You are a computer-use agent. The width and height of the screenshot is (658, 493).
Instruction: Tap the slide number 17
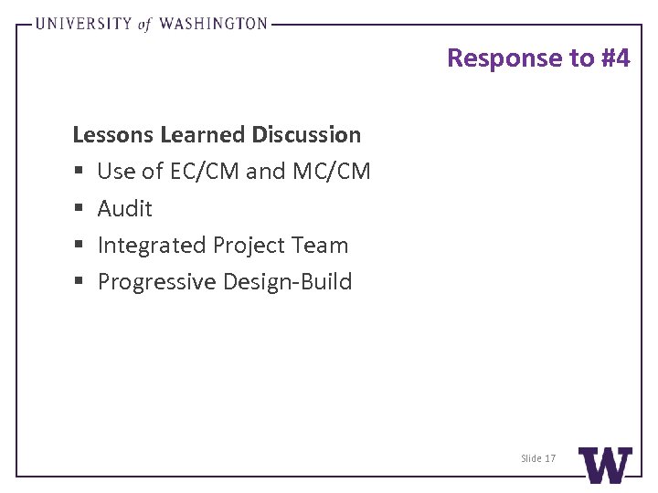point(549,458)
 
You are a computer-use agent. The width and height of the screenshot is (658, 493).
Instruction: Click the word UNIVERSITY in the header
point(83,25)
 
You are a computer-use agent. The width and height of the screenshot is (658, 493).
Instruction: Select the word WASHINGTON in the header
point(214,25)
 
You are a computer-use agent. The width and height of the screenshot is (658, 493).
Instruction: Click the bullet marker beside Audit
point(77,209)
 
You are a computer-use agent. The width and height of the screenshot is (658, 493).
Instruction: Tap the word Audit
point(124,208)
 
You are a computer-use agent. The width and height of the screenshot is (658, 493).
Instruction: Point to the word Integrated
point(152,246)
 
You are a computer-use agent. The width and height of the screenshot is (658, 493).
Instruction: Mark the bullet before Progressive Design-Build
point(77,282)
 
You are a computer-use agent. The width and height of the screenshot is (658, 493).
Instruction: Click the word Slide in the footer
point(531,458)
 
